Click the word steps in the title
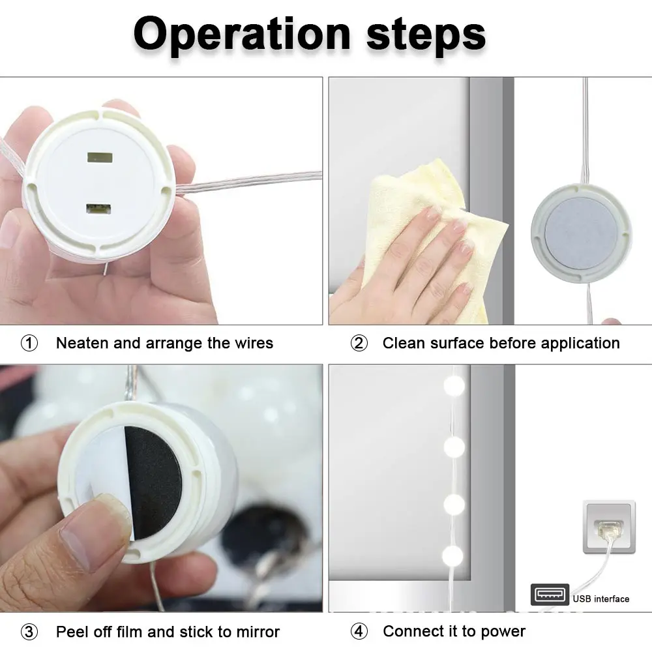426,36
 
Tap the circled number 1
29,343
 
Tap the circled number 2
359,343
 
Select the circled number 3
29,632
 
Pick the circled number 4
359,631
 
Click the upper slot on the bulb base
100,158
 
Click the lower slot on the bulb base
98,209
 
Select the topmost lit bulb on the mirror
454,385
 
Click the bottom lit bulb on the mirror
452,556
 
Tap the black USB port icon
550,595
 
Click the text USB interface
601,599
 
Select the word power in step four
503,632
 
